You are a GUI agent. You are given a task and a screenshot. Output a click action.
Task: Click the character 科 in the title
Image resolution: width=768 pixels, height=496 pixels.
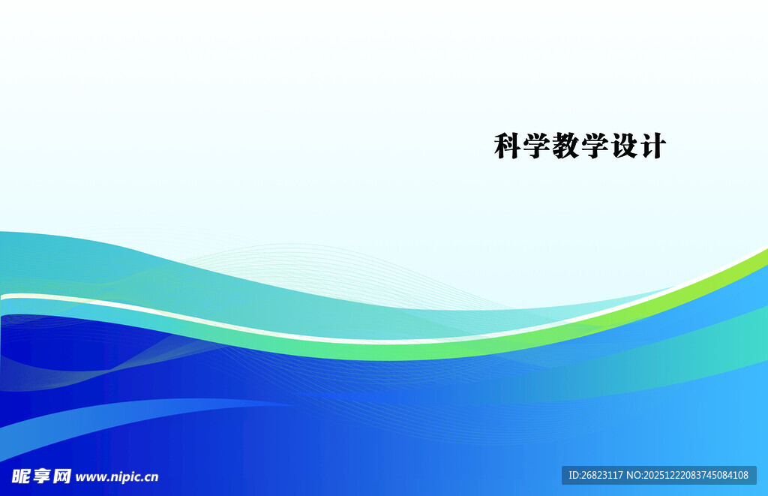click(x=508, y=146)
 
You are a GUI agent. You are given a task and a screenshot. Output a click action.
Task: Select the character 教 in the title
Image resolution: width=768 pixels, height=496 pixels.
click(x=566, y=146)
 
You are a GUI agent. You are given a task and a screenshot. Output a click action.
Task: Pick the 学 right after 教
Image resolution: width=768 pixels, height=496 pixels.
click(x=595, y=146)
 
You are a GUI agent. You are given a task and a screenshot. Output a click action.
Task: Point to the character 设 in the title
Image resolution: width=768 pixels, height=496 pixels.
click(x=623, y=146)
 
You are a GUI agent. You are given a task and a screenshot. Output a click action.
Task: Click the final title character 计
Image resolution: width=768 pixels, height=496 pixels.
click(x=652, y=146)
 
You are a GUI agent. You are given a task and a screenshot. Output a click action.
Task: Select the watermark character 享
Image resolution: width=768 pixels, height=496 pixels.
click(x=40, y=476)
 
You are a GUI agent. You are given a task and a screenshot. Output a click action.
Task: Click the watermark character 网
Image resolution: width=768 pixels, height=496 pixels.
click(x=61, y=476)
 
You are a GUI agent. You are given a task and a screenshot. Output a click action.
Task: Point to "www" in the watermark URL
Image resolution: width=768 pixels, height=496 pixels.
click(x=90, y=477)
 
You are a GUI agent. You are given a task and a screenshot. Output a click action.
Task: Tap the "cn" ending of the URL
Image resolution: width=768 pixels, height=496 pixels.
click(x=151, y=477)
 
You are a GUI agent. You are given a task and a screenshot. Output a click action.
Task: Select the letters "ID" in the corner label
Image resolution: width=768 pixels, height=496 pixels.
click(x=574, y=475)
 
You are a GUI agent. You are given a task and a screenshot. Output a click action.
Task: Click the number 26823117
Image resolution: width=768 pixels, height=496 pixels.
click(x=604, y=475)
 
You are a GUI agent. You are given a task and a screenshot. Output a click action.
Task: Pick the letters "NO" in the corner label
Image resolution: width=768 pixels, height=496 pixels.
click(x=634, y=475)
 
